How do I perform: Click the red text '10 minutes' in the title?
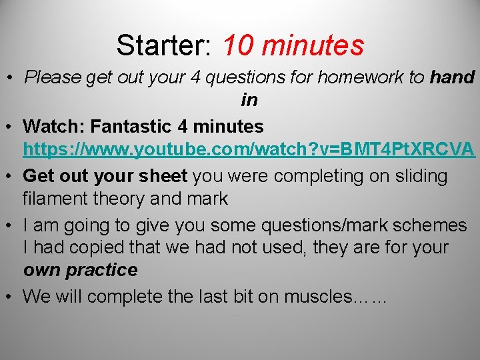coord(293,45)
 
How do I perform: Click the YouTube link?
coord(249,149)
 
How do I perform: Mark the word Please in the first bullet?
coord(53,77)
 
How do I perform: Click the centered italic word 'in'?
coord(249,100)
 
